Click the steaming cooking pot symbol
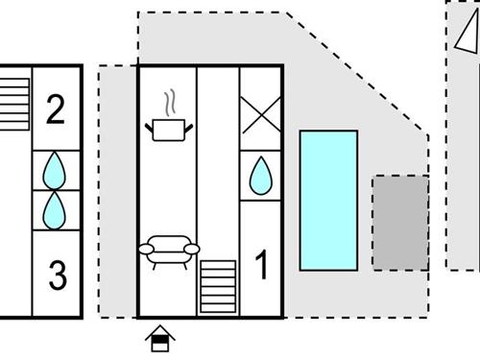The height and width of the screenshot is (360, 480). (x=169, y=127)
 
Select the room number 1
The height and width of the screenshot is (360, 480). (x=260, y=266)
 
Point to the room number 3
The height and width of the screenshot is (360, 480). (x=58, y=277)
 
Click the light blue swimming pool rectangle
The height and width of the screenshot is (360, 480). (x=328, y=200)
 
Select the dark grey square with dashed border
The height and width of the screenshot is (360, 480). (x=400, y=222)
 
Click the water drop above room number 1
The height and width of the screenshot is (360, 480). (x=259, y=176)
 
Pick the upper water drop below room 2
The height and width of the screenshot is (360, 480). (x=56, y=170)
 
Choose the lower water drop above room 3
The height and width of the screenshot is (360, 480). (x=56, y=208)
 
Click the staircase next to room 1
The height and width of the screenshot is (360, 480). (x=217, y=285)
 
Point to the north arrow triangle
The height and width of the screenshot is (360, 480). (x=466, y=34)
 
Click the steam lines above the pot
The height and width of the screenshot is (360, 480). (x=169, y=101)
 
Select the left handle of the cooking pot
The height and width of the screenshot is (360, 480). (x=151, y=125)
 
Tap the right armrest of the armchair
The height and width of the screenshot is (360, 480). (x=191, y=250)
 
